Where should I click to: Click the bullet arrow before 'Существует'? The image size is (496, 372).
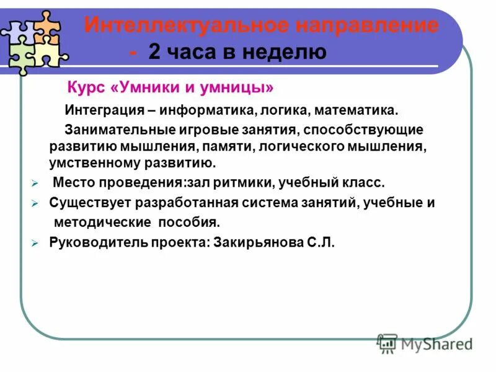pos(35,203)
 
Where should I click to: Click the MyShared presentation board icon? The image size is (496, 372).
pos(387,343)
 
